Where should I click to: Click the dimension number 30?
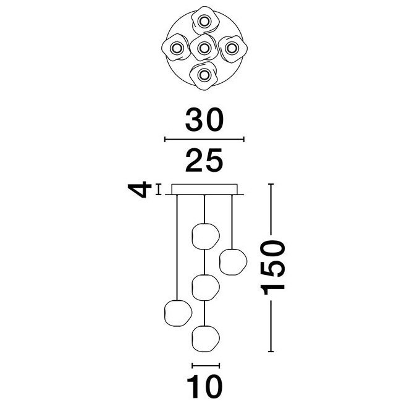pos(204,120)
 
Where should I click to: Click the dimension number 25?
pos(204,161)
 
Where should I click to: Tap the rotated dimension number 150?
pos(272,267)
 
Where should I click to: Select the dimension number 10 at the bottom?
pos(204,387)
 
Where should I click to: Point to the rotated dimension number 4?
pos(140,189)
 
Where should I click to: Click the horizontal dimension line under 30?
pos(204,140)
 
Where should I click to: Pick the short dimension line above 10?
pos(206,365)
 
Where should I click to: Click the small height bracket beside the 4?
pos(158,190)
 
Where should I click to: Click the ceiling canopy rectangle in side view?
pos(204,189)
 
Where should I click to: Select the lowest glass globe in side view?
pos(206,338)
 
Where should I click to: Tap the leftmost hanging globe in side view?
pos(178,313)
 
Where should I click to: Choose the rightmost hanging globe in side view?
pos(233,262)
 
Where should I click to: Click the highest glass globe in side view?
pos(206,237)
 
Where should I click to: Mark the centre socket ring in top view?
pos(204,48)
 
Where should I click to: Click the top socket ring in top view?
pos(204,21)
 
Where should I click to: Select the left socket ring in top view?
pos(176,48)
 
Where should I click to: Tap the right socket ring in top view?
pos(232,48)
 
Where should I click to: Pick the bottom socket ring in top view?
pos(204,76)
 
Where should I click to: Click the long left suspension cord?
pos(177,248)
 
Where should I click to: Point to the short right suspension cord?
pos(232,222)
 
